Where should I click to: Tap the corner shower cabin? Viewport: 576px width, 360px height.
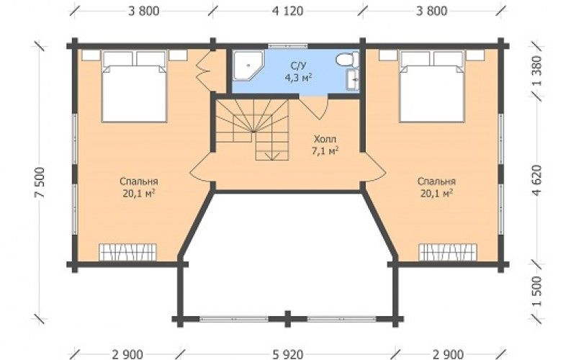248,66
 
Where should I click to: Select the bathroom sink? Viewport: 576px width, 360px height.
353,79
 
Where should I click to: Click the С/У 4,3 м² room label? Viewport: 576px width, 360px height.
298,71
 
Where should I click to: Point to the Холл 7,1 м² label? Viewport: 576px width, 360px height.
325,145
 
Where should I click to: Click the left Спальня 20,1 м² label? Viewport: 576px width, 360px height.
139,187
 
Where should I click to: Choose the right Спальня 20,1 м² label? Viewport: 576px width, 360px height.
436,187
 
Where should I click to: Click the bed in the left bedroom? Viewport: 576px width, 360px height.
135,86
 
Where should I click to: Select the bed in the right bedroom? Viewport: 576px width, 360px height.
432,86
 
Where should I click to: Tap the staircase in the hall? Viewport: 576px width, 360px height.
253,129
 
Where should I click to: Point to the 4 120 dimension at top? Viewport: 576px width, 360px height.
287,11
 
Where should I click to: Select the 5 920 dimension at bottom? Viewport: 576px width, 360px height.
288,354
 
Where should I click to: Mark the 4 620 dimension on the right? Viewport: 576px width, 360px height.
536,180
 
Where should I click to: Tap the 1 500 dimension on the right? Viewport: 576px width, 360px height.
536,292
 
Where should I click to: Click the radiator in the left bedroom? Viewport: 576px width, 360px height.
128,253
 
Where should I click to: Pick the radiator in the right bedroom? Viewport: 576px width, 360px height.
448,253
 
